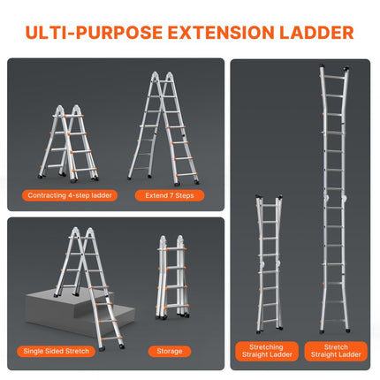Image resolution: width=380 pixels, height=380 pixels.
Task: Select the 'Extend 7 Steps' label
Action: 166,194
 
